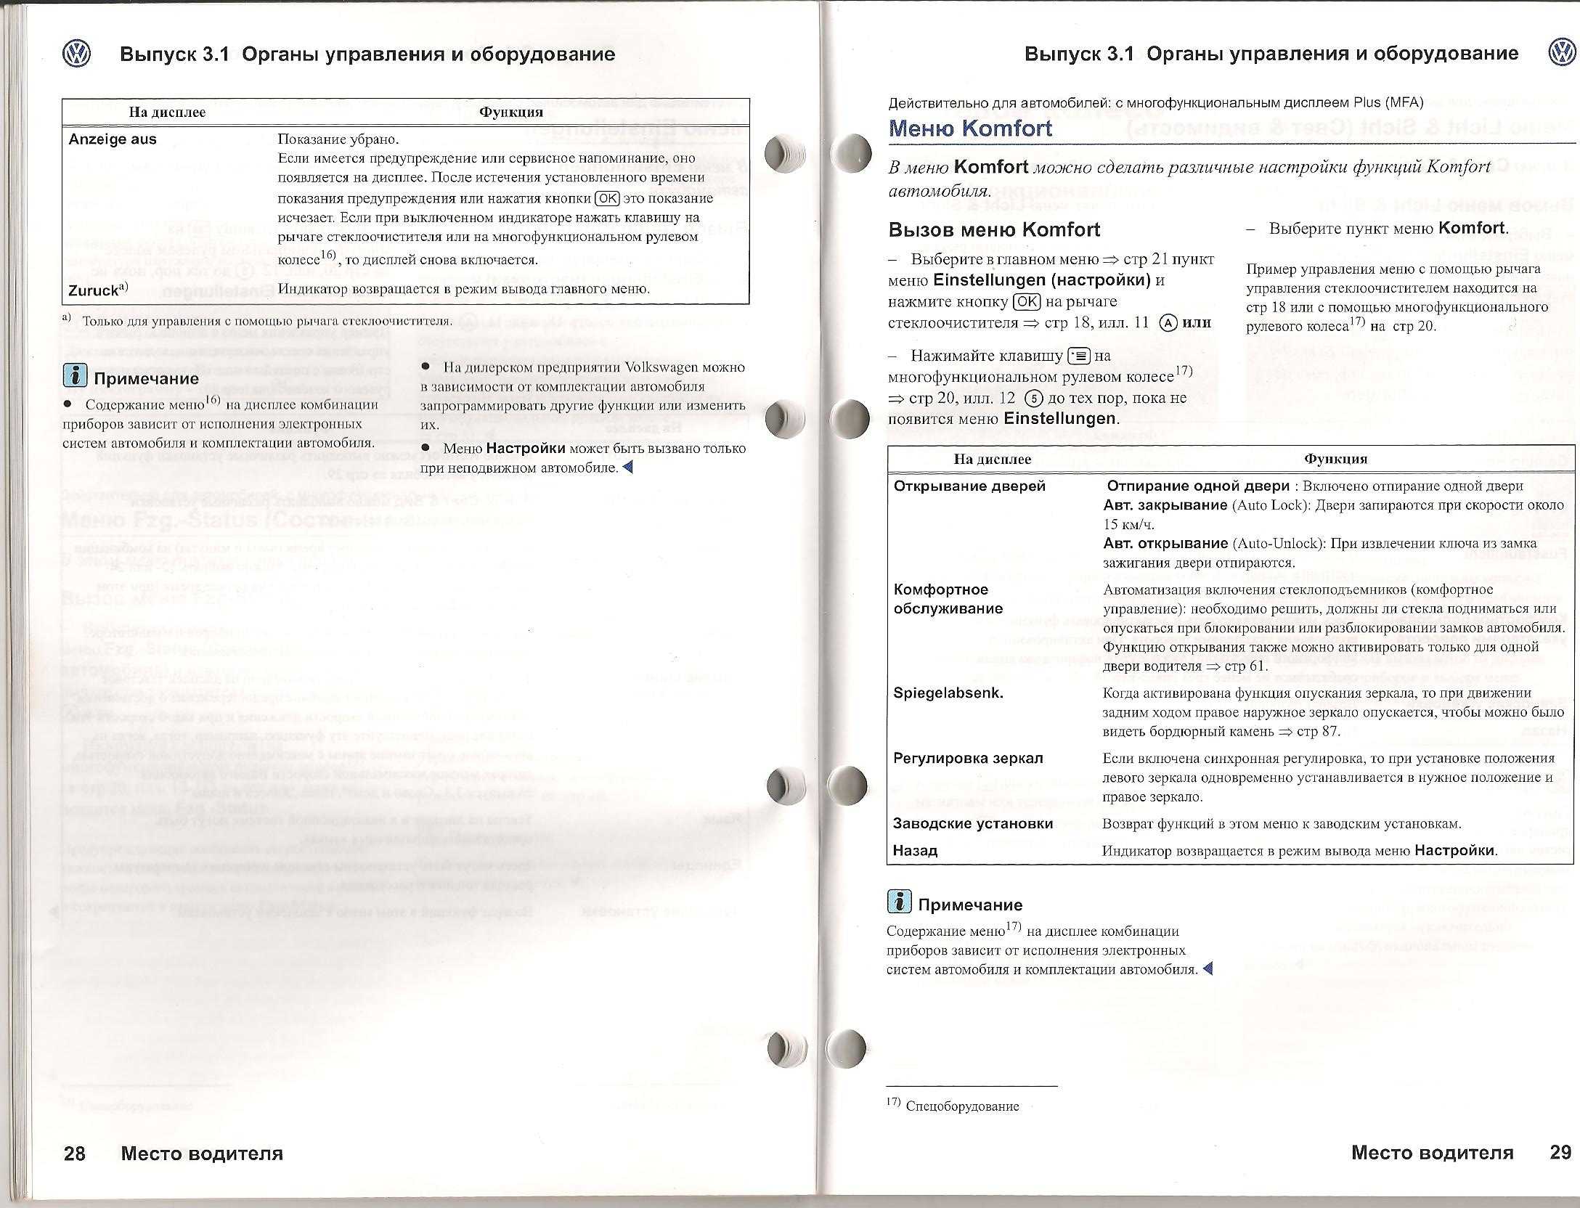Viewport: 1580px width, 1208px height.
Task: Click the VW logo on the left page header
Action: click(x=76, y=54)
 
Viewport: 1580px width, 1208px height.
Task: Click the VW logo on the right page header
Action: click(x=1561, y=53)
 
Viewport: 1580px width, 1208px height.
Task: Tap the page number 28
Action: click(x=75, y=1153)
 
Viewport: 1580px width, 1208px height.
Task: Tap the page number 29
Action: click(x=1560, y=1152)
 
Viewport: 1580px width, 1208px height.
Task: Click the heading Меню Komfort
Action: click(x=970, y=128)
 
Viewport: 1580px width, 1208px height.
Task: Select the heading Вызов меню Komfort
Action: click(x=994, y=230)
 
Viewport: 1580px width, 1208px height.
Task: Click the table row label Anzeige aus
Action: click(x=113, y=139)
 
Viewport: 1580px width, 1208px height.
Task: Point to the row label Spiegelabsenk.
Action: click(x=948, y=693)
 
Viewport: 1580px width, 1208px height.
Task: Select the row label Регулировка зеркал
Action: click(x=968, y=758)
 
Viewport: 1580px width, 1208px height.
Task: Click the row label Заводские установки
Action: click(x=972, y=823)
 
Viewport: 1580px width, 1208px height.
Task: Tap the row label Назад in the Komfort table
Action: click(x=915, y=850)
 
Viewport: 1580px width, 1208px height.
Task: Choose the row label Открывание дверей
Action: click(x=969, y=486)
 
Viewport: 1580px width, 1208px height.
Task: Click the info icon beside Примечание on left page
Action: click(x=75, y=375)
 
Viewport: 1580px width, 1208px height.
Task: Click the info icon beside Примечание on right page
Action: click(x=899, y=902)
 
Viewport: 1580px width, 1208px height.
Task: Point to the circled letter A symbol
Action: click(x=1168, y=323)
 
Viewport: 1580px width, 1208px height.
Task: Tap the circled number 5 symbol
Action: click(x=1033, y=399)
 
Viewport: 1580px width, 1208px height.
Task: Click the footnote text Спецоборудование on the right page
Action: click(x=963, y=1106)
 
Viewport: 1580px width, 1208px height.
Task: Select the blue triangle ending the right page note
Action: click(x=1208, y=968)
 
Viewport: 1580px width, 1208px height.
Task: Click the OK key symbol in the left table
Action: click(x=606, y=198)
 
